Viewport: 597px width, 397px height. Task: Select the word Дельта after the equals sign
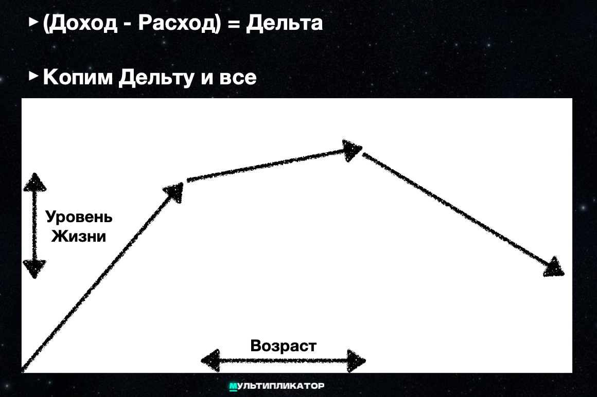(284, 23)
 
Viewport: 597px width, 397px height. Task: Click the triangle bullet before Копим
(33, 76)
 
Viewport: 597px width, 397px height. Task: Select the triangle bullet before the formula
(33, 22)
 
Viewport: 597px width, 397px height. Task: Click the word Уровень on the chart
(79, 217)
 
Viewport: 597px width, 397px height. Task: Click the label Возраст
(283, 346)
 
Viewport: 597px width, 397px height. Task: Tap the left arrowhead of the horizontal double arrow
(210, 360)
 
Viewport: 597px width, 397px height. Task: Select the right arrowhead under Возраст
(356, 360)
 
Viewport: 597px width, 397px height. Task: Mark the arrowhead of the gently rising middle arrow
(353, 151)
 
